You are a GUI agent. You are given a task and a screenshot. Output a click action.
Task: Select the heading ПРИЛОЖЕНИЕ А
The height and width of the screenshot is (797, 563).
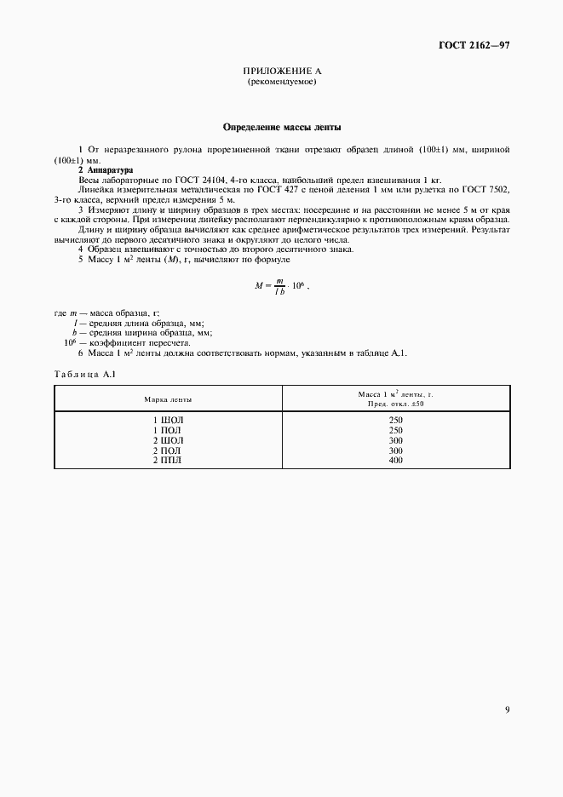click(281, 72)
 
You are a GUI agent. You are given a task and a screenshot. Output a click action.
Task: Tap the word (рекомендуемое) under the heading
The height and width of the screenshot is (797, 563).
click(281, 83)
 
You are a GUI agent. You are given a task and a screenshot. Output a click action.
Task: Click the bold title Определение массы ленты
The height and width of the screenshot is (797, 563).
click(281, 127)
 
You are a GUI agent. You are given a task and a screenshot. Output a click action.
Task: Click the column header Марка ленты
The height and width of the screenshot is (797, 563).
click(168, 398)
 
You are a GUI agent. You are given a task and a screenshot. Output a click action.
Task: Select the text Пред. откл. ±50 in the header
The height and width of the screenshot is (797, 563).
click(396, 404)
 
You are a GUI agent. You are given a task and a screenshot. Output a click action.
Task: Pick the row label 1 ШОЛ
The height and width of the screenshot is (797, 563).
click(168, 421)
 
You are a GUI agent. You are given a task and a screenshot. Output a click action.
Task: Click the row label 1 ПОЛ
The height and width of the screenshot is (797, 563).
click(168, 431)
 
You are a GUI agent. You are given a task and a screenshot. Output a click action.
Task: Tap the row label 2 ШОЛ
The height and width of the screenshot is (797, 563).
click(168, 440)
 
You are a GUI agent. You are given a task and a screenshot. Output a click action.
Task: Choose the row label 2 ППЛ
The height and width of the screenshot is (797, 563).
click(168, 460)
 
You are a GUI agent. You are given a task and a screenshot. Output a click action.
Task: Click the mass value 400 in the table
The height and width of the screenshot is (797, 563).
click(395, 460)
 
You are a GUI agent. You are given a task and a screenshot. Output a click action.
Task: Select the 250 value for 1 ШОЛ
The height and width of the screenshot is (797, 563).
click(395, 421)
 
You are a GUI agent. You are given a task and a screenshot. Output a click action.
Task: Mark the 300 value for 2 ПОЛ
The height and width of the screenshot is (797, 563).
click(395, 450)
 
